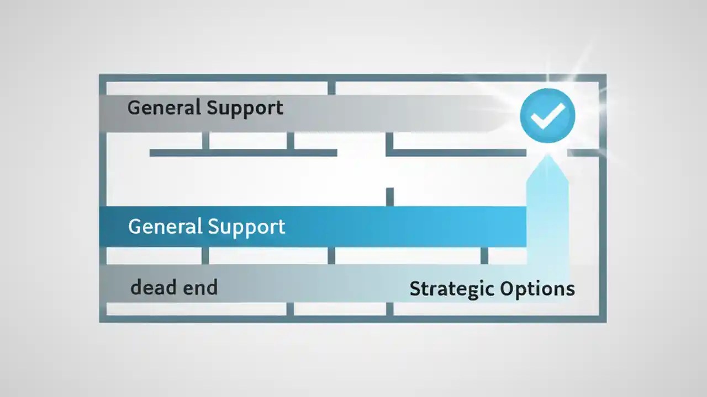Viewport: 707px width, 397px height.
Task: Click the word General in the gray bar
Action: pos(164,107)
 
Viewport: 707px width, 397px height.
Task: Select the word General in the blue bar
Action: pos(165,226)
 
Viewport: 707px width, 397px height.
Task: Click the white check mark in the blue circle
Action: pos(547,115)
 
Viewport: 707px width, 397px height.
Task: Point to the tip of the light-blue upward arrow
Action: pos(547,157)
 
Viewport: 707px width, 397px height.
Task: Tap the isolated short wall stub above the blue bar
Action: pos(389,196)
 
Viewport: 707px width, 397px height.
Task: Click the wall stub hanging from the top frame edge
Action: pos(331,88)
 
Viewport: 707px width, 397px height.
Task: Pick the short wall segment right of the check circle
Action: pos(583,152)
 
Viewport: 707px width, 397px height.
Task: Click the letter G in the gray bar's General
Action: pos(133,107)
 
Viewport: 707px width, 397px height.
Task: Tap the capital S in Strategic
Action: pos(415,289)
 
